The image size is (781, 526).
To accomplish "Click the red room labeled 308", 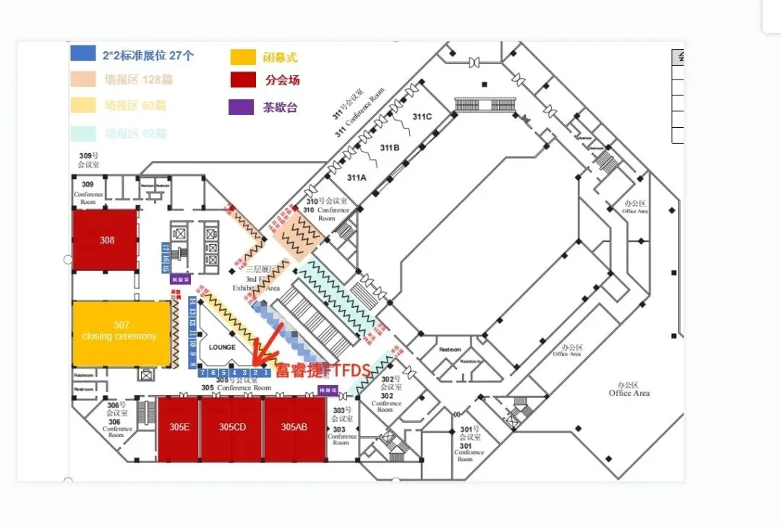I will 106,240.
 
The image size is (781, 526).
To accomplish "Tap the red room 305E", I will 179,428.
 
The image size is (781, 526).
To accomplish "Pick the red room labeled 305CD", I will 232,428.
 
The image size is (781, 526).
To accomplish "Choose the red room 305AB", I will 294,428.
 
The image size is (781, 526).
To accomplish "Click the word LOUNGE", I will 222,348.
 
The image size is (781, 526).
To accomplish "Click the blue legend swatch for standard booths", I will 82,53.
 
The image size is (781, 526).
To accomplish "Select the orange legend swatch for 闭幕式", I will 242,57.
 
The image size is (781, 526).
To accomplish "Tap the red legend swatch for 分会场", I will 242,80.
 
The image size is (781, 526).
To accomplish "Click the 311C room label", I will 422,116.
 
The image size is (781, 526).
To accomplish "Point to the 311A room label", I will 357,177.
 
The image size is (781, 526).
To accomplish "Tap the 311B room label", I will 389,148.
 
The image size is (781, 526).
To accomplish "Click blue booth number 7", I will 203,373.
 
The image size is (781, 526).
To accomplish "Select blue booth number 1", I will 265,373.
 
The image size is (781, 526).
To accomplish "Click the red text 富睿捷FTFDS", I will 323,371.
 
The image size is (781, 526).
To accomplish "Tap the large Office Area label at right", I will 629,389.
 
